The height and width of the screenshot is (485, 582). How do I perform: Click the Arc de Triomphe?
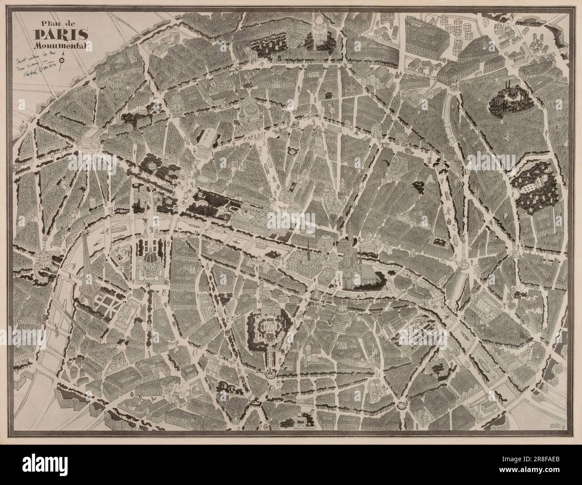point(93,136)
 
